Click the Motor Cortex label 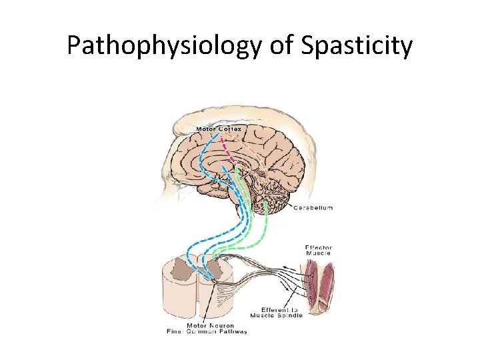(219, 129)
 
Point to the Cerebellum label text (313, 208)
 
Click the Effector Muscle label (318, 250)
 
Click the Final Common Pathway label (207, 331)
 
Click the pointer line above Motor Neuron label (209, 303)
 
